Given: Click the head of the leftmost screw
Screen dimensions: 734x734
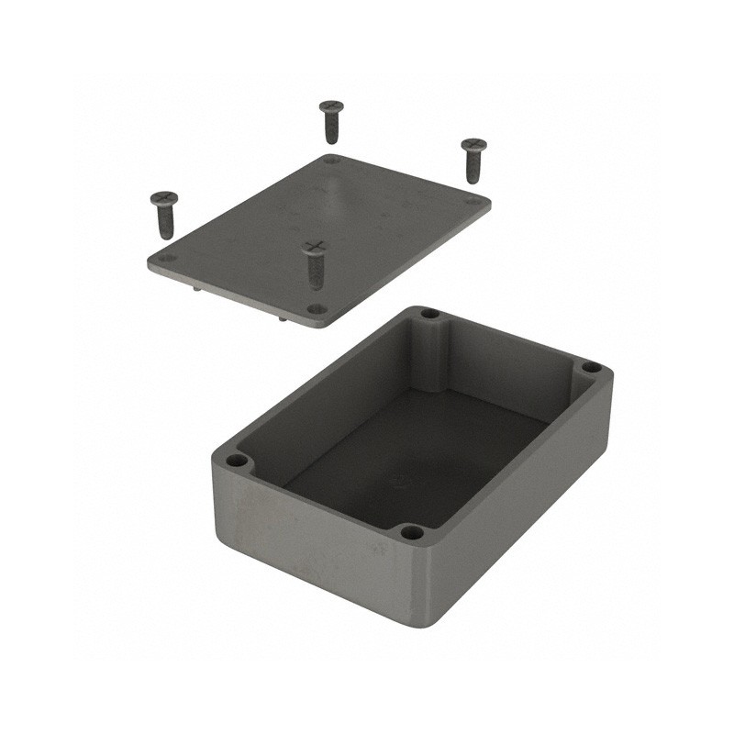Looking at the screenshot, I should pyautogui.click(x=163, y=197).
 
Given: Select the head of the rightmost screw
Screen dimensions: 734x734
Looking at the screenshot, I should pyautogui.click(x=473, y=145).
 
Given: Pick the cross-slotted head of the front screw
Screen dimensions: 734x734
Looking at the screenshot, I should pyautogui.click(x=315, y=246).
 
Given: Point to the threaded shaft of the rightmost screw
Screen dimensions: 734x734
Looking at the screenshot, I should pyautogui.click(x=473, y=168).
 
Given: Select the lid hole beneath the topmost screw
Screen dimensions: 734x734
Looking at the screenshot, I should pyautogui.click(x=332, y=160).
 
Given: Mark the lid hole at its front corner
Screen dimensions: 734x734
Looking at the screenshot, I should pyautogui.click(x=316, y=309).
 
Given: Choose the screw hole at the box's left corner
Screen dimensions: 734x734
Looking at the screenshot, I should pyautogui.click(x=237, y=460).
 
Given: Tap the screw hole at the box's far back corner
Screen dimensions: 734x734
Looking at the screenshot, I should pyautogui.click(x=429, y=314).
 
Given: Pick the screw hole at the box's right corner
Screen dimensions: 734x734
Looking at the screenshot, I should pyautogui.click(x=592, y=368).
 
